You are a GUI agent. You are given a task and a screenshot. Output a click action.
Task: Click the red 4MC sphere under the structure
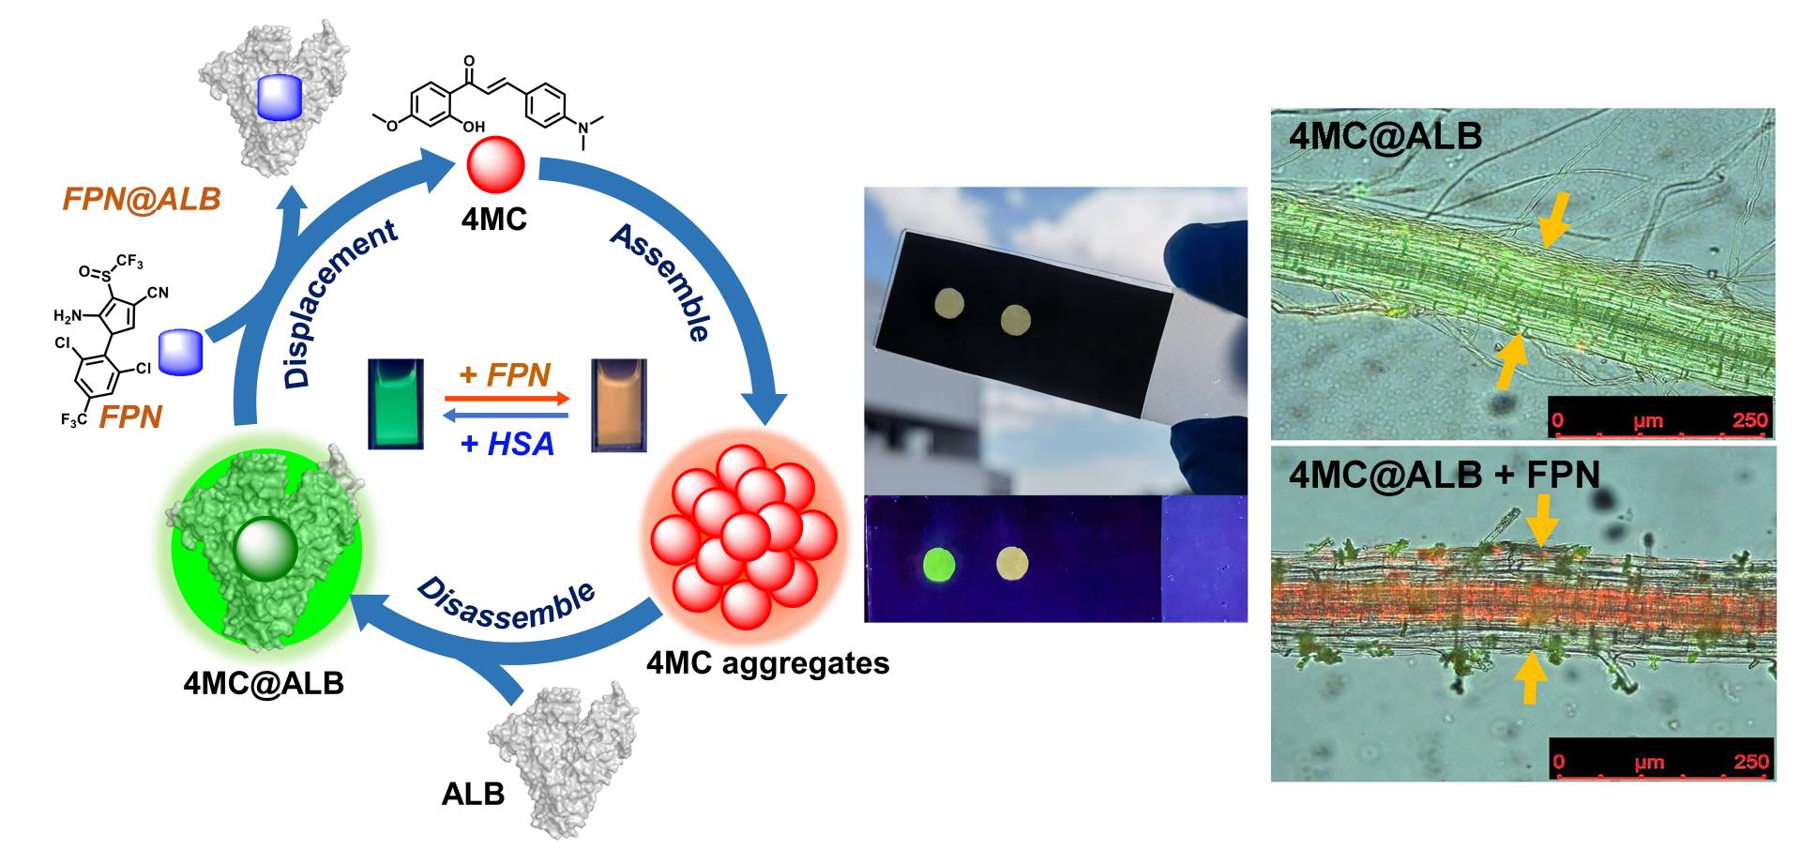[493, 167]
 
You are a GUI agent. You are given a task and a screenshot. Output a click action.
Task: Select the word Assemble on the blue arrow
[660, 281]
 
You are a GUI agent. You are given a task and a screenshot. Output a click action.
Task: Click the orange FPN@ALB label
[142, 199]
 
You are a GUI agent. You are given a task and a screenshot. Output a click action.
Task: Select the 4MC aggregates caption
[767, 663]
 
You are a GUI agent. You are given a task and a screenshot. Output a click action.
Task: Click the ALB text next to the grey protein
[473, 794]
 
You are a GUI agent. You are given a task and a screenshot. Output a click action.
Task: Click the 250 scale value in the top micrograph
[1749, 419]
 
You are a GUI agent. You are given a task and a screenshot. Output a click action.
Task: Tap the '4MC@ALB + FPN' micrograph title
[1444, 475]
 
